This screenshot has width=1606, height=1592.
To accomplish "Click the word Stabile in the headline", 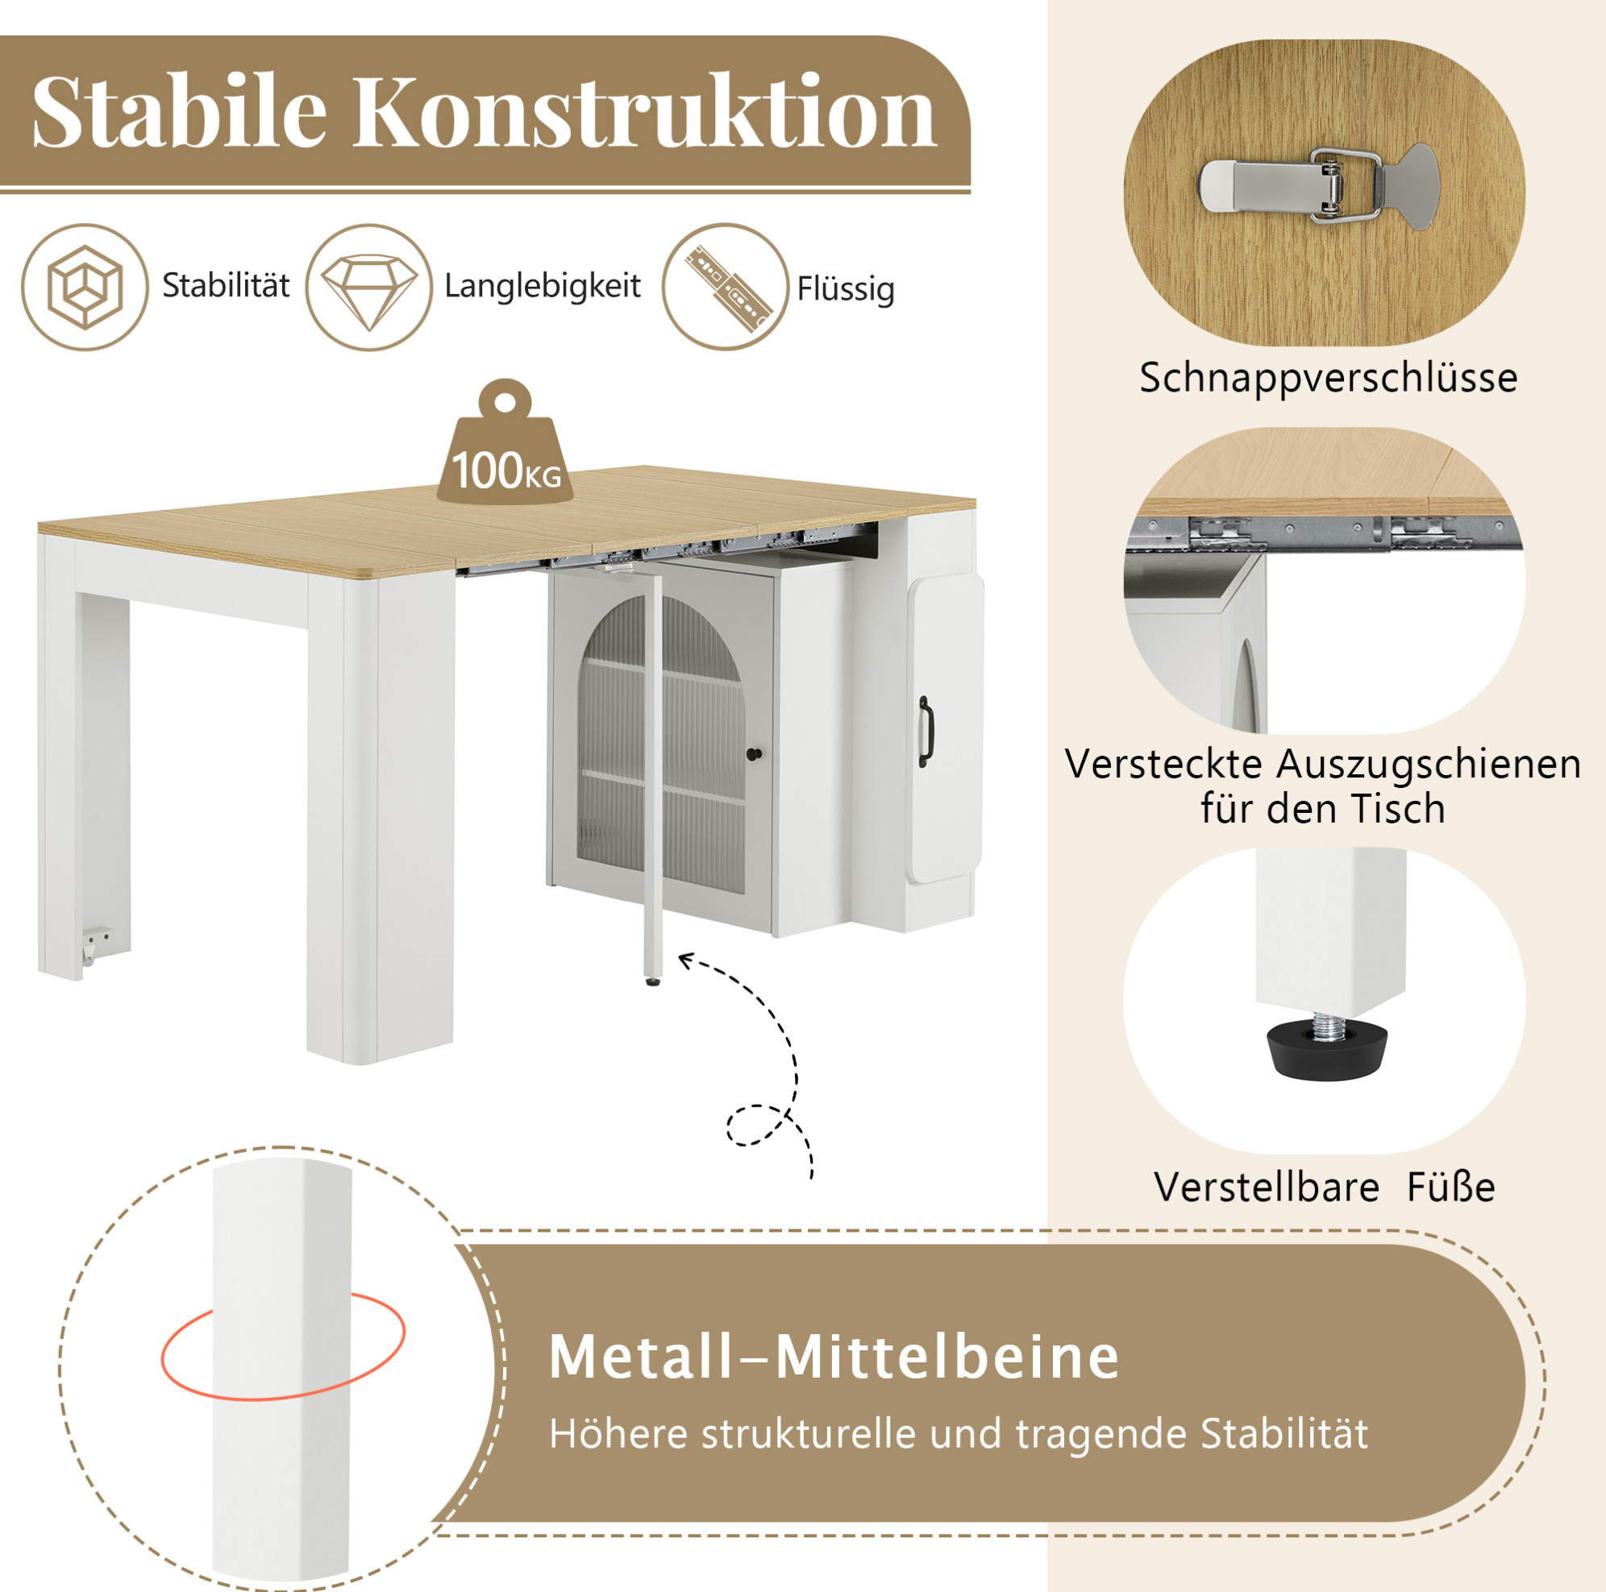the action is pyautogui.click(x=180, y=111).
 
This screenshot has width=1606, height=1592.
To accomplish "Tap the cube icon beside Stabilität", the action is pyautogui.click(x=85, y=287).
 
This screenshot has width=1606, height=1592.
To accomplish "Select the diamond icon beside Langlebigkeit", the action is pyautogui.click(x=369, y=288).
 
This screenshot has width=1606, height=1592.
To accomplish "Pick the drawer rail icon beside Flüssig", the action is pyautogui.click(x=726, y=288).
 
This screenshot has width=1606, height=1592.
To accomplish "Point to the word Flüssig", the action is pyautogui.click(x=846, y=290).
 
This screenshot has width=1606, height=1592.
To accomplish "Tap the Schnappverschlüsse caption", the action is pyautogui.click(x=1329, y=378).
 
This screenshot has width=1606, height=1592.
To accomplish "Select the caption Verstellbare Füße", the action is pyautogui.click(x=1324, y=1187).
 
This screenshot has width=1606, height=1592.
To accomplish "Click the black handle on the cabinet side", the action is pyautogui.click(x=925, y=732).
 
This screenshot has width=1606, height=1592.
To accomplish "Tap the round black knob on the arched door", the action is pyautogui.click(x=755, y=754).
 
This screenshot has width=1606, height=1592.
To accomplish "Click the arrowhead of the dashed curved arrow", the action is pyautogui.click(x=687, y=961).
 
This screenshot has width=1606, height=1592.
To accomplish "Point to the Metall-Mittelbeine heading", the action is pyautogui.click(x=834, y=1358).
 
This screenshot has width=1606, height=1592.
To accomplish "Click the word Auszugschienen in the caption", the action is pyautogui.click(x=1428, y=764).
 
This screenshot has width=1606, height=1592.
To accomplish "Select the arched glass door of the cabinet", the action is pyautogui.click(x=661, y=744).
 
